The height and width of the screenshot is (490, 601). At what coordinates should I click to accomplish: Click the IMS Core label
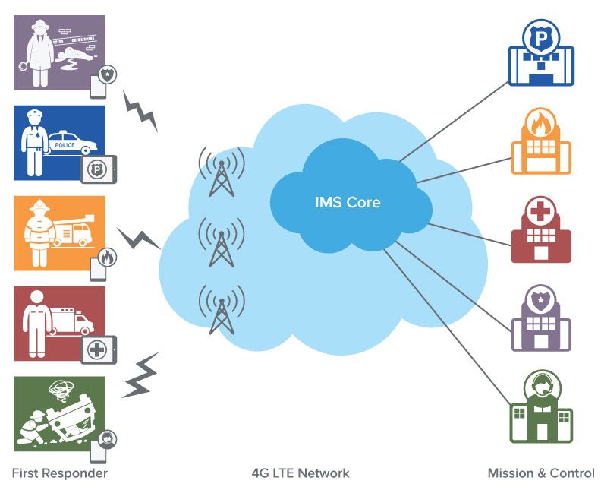pos(348,203)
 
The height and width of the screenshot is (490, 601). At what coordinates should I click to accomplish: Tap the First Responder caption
pos(60,473)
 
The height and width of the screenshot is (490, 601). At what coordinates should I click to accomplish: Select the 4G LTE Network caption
pos(300,473)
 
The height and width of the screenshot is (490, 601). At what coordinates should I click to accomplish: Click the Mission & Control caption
pos(541,473)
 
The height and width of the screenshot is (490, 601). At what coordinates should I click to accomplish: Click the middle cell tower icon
pos(222,243)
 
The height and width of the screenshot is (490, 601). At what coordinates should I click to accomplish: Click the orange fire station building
pos(540,144)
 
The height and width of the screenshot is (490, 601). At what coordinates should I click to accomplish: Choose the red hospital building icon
pos(540,232)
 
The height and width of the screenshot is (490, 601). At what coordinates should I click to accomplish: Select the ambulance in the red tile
pos(74,319)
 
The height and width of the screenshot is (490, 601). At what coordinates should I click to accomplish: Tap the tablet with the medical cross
pos(98,349)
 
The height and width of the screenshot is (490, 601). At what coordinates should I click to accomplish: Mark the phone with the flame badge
pos(102,263)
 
